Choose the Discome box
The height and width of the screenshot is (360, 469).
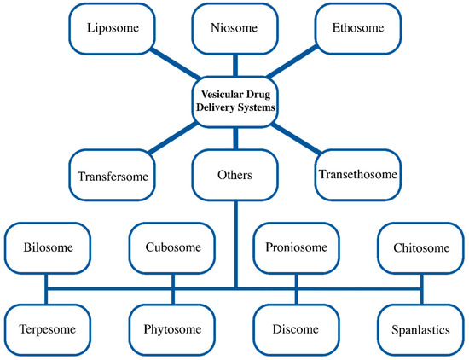pos(296,328)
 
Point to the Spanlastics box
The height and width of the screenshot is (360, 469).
pos(420,328)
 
